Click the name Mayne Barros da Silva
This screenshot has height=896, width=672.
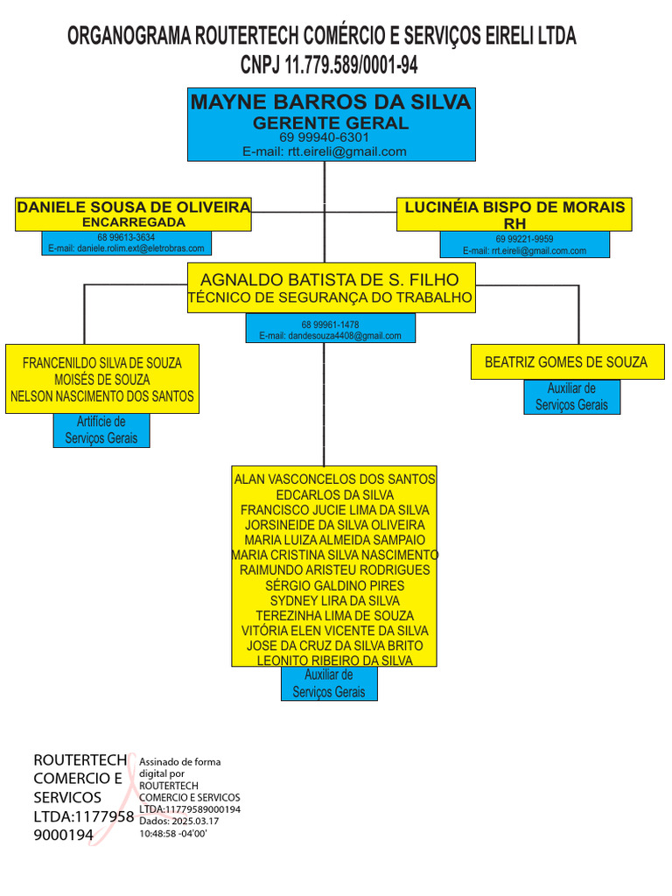(331, 102)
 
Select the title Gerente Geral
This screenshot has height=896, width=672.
(331, 122)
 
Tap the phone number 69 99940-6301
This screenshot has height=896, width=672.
(324, 137)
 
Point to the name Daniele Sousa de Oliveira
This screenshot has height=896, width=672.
(133, 207)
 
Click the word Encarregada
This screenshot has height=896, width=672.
(133, 222)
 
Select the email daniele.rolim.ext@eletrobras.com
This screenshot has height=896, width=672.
(126, 248)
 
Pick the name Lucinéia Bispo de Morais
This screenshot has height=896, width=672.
(514, 207)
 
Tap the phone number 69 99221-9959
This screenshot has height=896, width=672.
(524, 239)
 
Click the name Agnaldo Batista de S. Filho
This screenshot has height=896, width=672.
(330, 280)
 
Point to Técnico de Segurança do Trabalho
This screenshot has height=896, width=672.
(330, 298)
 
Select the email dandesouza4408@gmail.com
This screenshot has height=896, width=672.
(330, 335)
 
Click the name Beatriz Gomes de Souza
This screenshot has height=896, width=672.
(566, 362)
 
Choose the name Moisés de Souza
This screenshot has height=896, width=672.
(101, 380)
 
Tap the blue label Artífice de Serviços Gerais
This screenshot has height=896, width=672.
(101, 430)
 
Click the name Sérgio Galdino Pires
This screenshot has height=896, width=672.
(335, 585)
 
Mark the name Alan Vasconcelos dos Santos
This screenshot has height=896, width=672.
(335, 479)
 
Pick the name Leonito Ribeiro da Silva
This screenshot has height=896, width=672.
(335, 661)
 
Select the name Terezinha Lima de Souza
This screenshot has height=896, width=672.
(335, 616)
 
